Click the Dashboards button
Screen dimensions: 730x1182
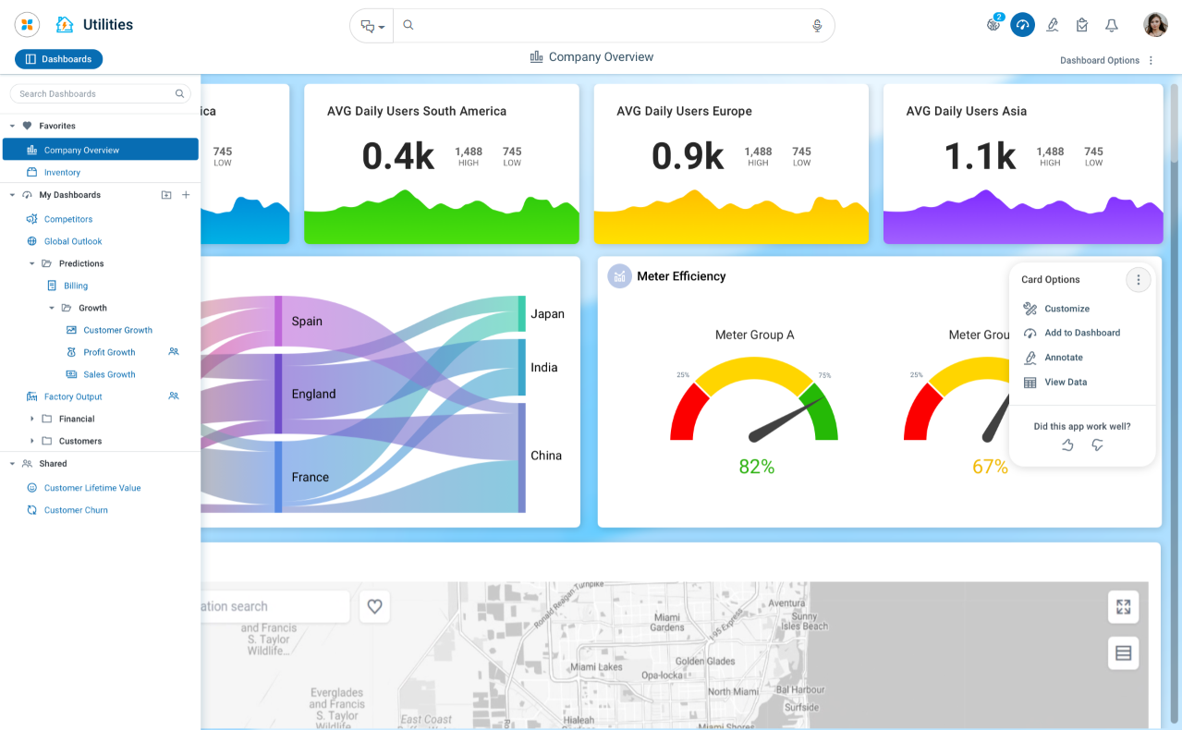58,59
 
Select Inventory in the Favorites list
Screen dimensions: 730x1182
62,173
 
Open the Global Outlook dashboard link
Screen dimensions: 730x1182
73,241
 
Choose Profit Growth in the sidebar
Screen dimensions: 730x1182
109,352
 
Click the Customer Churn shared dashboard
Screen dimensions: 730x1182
76,510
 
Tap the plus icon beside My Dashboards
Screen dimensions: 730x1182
186,195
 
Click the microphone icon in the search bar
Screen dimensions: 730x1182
817,26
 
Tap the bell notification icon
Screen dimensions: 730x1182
1112,26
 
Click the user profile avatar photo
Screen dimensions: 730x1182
1155,25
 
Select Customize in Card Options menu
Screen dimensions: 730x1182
1066,309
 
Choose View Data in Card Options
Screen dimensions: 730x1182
1065,383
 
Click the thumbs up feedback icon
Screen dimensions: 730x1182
1067,445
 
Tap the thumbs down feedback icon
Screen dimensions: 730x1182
1097,445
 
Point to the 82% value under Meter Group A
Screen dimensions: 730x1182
756,467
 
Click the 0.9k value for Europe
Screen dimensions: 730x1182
688,156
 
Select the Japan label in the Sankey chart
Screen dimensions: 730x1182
547,314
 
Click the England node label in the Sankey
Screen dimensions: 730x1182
313,394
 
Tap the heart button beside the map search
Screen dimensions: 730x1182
374,606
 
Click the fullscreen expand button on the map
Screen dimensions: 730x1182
1123,607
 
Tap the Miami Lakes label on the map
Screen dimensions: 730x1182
596,666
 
